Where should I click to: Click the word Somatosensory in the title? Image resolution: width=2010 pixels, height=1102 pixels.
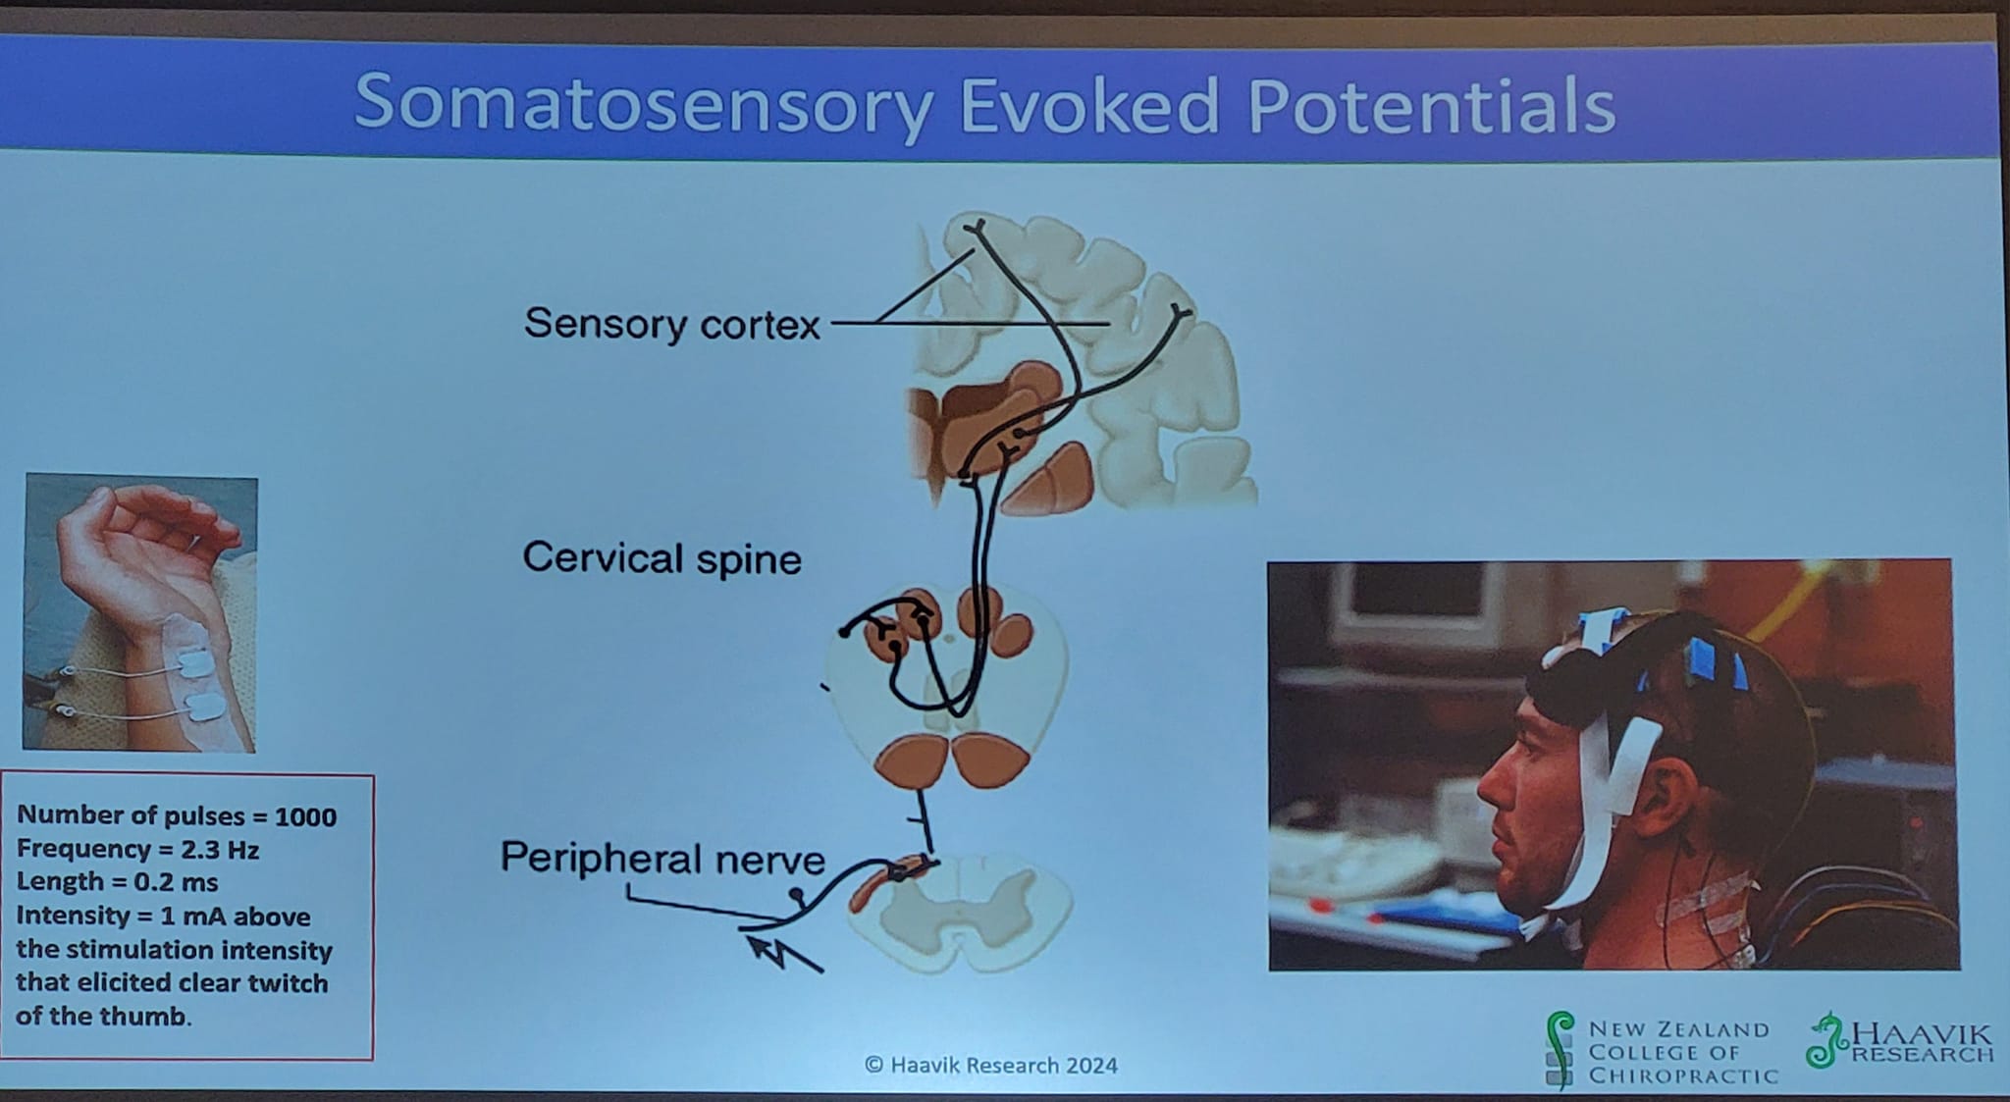coord(641,103)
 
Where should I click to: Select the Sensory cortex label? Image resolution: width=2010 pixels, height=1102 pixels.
coord(671,323)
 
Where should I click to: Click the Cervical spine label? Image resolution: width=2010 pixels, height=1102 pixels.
coord(661,558)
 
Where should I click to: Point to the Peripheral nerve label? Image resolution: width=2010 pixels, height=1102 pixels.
coord(662,859)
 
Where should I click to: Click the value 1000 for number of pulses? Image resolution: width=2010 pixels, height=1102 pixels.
coord(305,816)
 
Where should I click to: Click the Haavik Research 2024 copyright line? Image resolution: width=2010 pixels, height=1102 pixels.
coord(991,1065)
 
